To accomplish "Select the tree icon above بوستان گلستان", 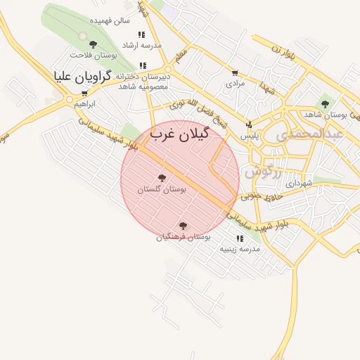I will [162, 179].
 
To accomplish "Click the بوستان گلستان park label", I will [163, 190].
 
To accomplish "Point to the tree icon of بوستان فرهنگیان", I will [184, 226].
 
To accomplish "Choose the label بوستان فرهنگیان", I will [184, 238].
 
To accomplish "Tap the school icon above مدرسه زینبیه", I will [240, 238].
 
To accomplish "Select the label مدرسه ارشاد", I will [142, 45].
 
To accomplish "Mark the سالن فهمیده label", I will [114, 20].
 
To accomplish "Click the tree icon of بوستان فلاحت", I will [84, 35].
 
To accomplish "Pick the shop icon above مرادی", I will [234, 72].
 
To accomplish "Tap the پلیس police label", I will [250, 135].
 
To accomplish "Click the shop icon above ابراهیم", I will [84, 94].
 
